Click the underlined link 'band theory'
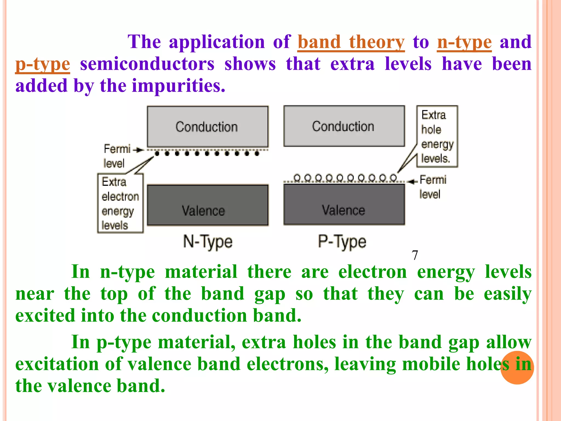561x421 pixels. [x=351, y=42]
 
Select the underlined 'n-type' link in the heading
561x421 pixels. [x=464, y=42]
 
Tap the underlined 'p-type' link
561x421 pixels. [x=43, y=64]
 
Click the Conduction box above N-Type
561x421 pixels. [x=207, y=127]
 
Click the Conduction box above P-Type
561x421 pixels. [x=344, y=126]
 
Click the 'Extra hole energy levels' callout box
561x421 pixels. [x=437, y=136]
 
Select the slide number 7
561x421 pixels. [x=415, y=255]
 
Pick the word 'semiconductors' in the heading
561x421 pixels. [x=147, y=64]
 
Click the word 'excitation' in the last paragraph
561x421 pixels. [x=57, y=364]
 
